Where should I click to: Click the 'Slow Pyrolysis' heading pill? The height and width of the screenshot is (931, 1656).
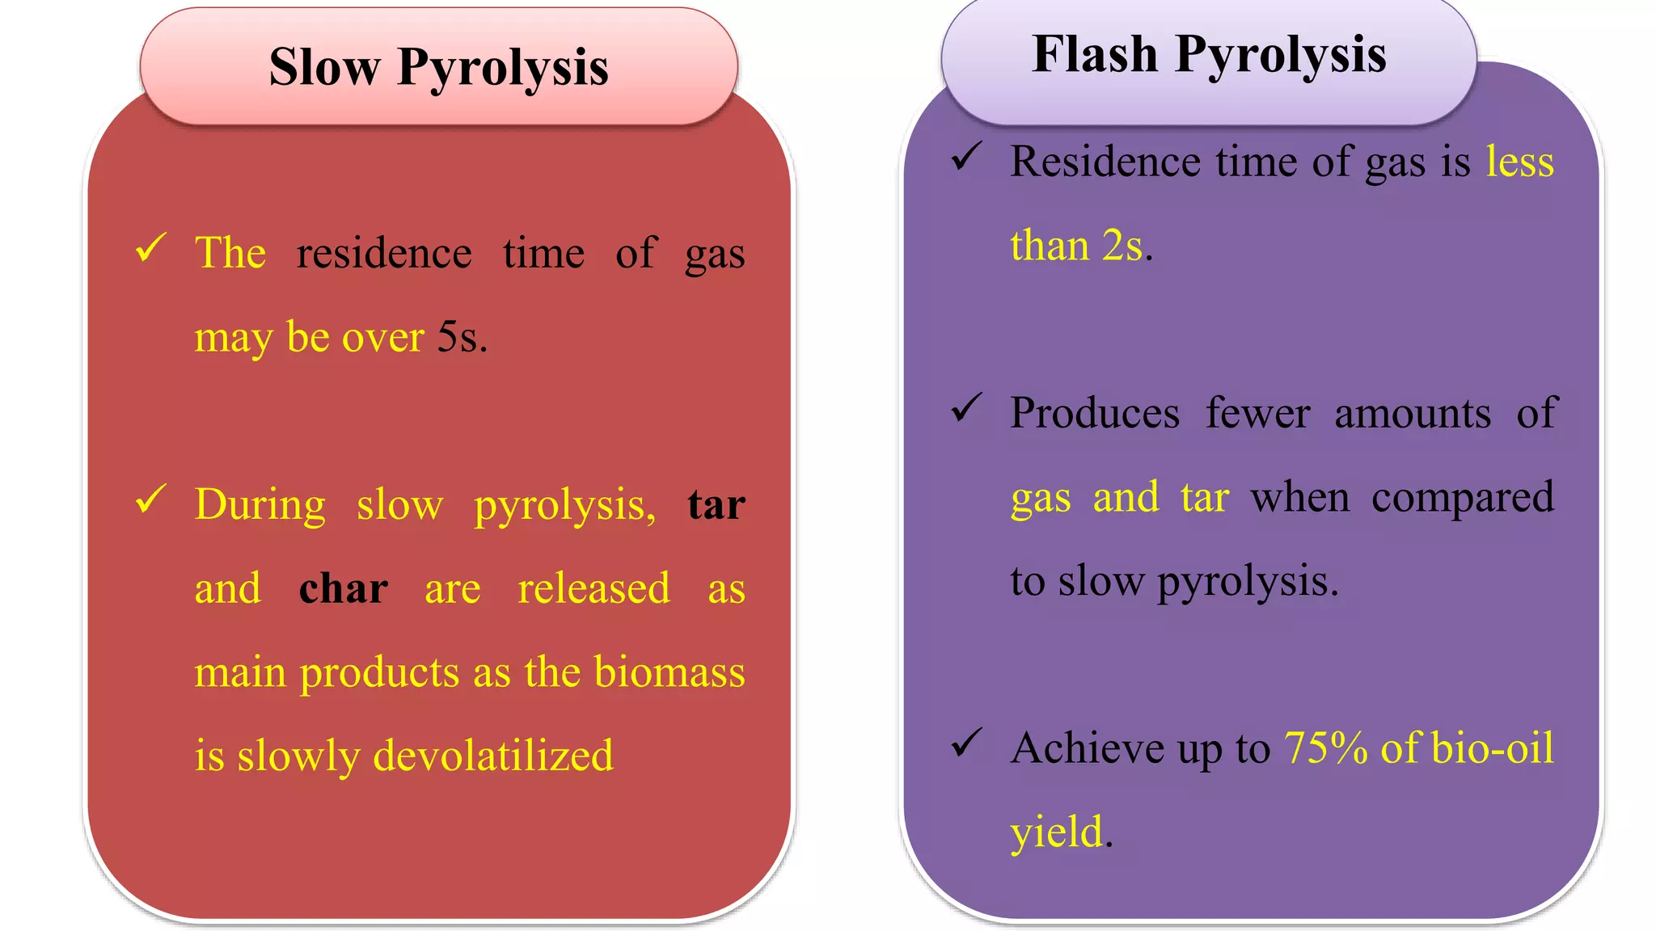point(438,67)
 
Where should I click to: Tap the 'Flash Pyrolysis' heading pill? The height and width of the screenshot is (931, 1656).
point(1209,55)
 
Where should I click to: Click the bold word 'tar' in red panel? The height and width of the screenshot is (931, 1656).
point(716,504)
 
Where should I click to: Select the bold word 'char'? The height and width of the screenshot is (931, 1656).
point(343,588)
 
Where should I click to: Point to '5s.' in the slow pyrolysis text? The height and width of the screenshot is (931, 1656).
point(462,337)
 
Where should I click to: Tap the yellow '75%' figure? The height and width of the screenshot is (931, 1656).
point(1325,748)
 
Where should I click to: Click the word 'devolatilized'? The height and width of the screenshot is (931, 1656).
point(493,755)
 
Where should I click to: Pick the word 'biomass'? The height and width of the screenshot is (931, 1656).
point(669,672)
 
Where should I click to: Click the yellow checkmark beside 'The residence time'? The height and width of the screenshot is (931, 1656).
point(151,247)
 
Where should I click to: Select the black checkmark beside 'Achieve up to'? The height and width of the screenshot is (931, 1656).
point(966,742)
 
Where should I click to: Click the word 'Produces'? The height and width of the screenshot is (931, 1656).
point(1094,413)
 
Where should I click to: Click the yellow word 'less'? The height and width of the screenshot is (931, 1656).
point(1519,162)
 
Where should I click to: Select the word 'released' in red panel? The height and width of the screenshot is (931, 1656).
point(594,588)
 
